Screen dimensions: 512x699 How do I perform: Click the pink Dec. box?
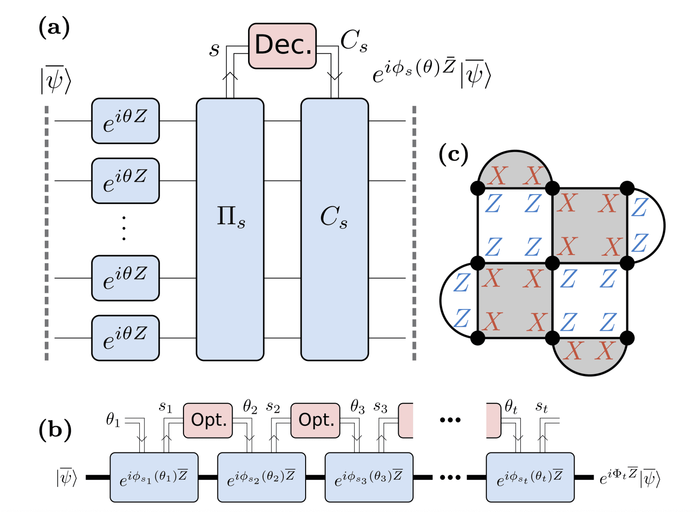pyautogui.click(x=282, y=46)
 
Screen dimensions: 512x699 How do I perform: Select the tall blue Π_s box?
pyautogui.click(x=230, y=229)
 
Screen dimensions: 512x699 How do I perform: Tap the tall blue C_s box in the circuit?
pyautogui.click(x=334, y=229)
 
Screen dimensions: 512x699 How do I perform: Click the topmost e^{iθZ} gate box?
pyautogui.click(x=125, y=121)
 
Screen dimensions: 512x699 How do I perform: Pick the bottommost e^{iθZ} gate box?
pyautogui.click(x=125, y=337)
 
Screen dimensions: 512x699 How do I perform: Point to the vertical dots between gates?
pyautogui.click(x=124, y=228)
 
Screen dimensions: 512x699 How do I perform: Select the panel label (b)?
pyautogui.click(x=55, y=429)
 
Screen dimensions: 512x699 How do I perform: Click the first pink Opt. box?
pyautogui.click(x=208, y=420)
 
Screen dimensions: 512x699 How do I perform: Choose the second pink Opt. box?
pyautogui.click(x=315, y=420)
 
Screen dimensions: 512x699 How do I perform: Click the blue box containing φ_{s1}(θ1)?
pyautogui.click(x=154, y=477)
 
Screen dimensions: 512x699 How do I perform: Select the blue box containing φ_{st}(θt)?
pyautogui.click(x=530, y=477)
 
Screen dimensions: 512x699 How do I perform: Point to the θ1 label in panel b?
pyautogui.click(x=113, y=420)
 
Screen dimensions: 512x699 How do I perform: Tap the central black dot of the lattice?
pyautogui.click(x=552, y=263)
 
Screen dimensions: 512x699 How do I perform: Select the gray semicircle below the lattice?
pyautogui.click(x=589, y=355)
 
